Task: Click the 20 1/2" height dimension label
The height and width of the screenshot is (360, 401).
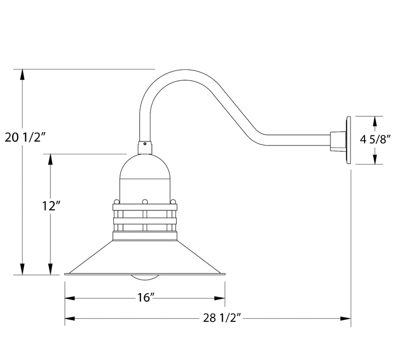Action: [26, 137]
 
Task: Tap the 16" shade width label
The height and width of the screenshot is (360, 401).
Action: [146, 298]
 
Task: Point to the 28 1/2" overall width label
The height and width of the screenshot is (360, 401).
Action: [221, 318]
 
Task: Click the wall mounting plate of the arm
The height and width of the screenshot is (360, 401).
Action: [348, 139]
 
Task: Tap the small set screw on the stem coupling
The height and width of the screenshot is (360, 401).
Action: [145, 145]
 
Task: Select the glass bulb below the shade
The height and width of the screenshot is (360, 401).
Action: [145, 278]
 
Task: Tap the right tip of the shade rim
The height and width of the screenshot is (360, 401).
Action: [225, 275]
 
